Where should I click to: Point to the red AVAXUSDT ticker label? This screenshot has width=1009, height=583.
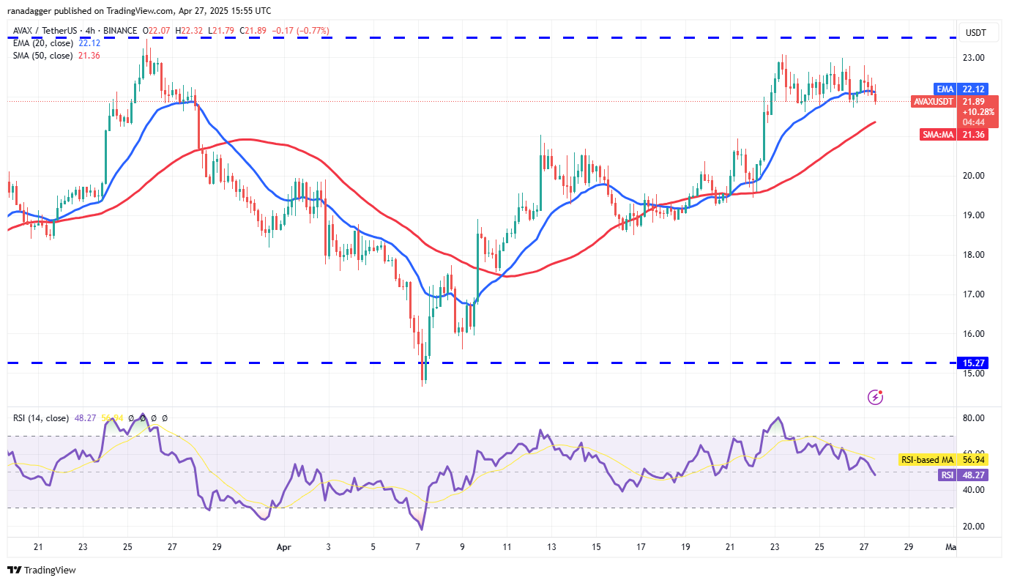coord(933,102)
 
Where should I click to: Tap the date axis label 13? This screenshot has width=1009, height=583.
coord(551,546)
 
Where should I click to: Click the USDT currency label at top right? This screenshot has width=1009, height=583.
coord(975,32)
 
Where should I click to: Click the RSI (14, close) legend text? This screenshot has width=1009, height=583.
coord(41,418)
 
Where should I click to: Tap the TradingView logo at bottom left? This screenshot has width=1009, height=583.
coord(42,570)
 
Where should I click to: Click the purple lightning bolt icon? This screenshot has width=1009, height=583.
coord(875,397)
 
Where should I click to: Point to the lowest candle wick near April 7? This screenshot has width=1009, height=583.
coord(422,382)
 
